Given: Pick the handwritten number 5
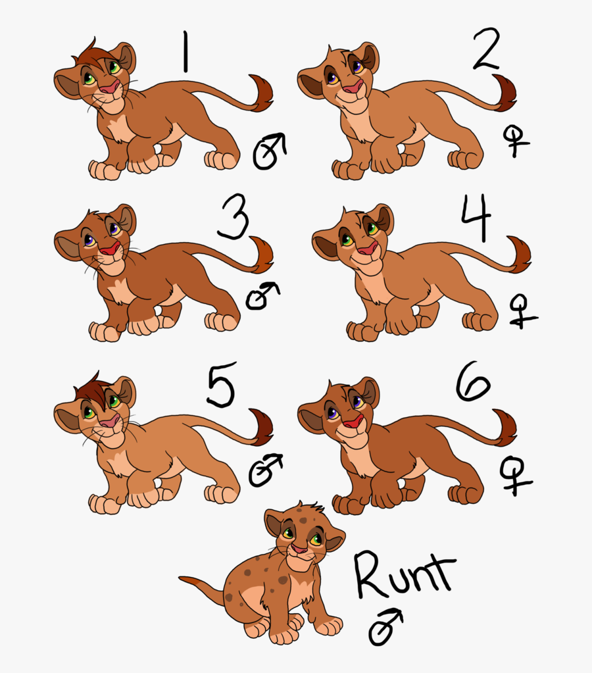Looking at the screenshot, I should click(220, 387).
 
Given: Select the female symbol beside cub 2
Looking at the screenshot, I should click(515, 140).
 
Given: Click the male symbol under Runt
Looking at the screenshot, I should click(384, 628).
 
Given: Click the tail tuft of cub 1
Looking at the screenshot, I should click(262, 93).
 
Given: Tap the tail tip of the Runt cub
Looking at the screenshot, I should click(185, 581).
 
